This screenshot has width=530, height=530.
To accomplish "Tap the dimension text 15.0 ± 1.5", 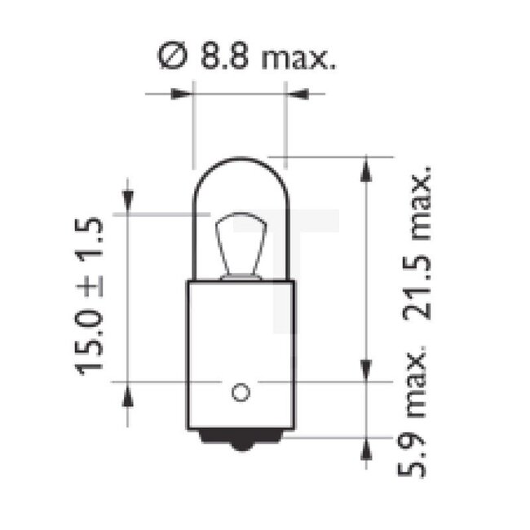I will [x=91, y=295].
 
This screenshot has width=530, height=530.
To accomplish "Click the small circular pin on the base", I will [x=240, y=393].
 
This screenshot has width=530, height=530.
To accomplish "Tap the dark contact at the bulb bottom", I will [x=240, y=441].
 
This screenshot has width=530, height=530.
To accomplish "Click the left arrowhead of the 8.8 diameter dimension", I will [x=183, y=95].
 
